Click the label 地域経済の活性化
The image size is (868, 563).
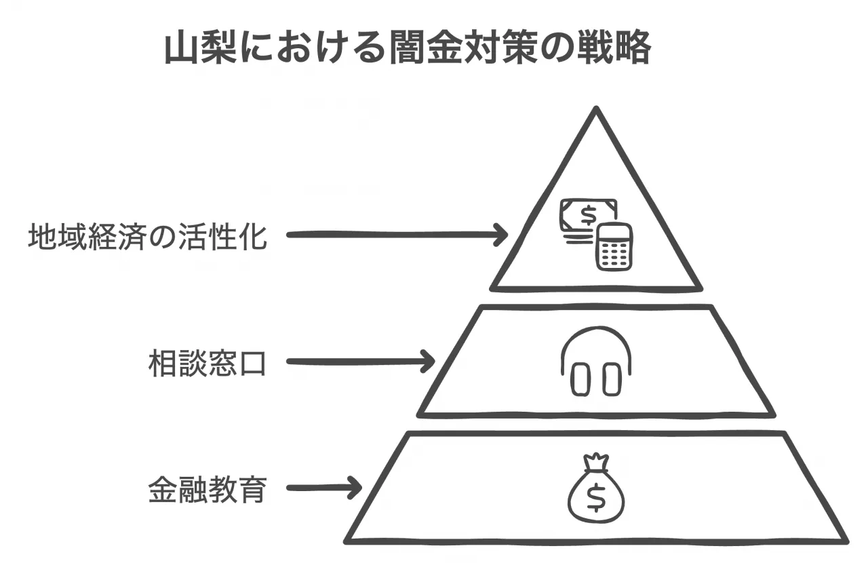[x=148, y=237]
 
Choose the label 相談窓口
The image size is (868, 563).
[x=207, y=363]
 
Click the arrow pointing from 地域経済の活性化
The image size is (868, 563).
[x=397, y=235]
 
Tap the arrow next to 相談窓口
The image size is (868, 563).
[x=360, y=361]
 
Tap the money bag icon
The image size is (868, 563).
[x=596, y=492]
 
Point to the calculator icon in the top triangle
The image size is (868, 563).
[x=614, y=247]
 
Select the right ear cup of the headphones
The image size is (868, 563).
[x=611, y=379]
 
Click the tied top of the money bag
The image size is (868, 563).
[x=596, y=462]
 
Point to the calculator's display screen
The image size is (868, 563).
[x=614, y=234]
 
